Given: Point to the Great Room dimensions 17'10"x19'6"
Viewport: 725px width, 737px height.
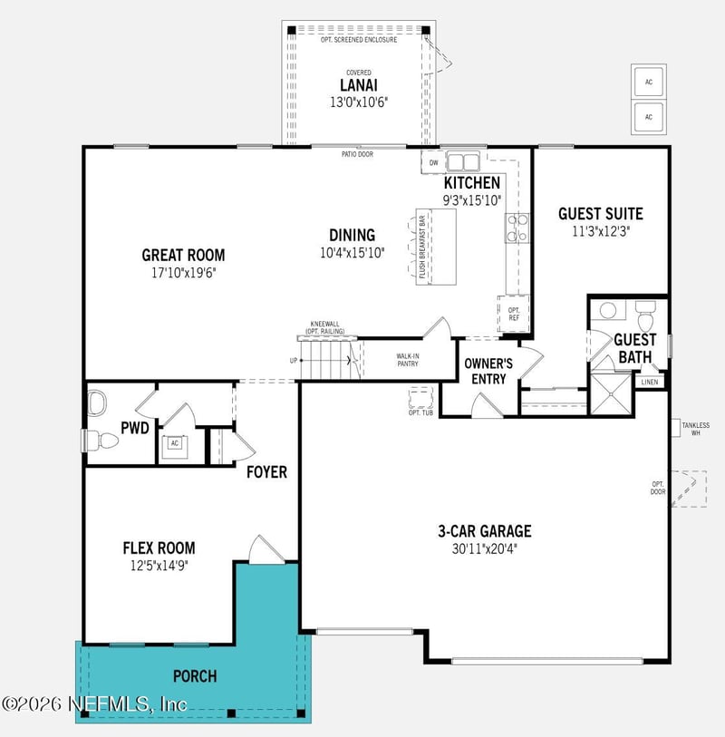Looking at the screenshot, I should tap(183, 271).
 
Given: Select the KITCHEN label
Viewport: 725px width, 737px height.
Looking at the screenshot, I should tap(471, 183).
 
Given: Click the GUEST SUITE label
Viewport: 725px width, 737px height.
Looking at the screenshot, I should tap(600, 214).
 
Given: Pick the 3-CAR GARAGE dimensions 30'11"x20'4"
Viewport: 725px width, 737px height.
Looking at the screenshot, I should tap(485, 548).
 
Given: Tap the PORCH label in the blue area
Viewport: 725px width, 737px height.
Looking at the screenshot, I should tap(195, 676).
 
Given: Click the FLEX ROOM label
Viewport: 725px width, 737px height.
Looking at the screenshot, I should tap(159, 548).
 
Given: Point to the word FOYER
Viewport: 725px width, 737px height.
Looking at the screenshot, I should tap(266, 472).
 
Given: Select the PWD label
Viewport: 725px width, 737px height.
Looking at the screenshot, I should tap(135, 427).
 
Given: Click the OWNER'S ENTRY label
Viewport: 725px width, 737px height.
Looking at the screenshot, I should tap(489, 371).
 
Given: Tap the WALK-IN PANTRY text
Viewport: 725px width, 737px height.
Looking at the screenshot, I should tap(408, 360).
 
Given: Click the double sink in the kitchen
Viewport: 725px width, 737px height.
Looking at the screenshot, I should tap(464, 162).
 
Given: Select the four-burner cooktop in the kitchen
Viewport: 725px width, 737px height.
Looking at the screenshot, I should tap(517, 228).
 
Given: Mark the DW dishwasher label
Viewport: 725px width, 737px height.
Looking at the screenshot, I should tap(433, 163).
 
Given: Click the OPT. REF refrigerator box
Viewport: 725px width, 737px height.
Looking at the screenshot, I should tap(512, 312).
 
